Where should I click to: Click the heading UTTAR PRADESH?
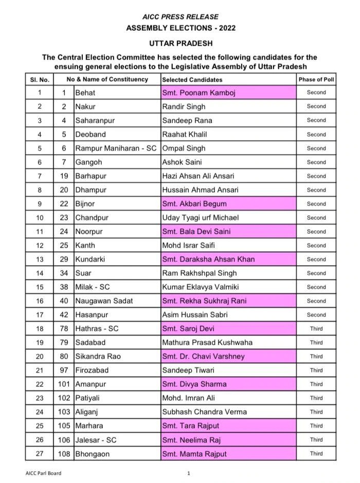181,44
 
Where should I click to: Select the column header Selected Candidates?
192,80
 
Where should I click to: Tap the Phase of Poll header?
316,80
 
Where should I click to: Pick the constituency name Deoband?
91,135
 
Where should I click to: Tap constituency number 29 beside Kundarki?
64,259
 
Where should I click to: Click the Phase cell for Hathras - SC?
316,329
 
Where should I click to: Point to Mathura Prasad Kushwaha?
206,343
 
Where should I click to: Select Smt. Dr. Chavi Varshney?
203,357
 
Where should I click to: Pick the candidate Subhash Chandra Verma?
204,412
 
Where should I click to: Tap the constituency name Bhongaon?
93,454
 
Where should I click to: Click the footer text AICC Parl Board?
43,473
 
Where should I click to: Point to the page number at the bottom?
189,473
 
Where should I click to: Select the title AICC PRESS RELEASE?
181,17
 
